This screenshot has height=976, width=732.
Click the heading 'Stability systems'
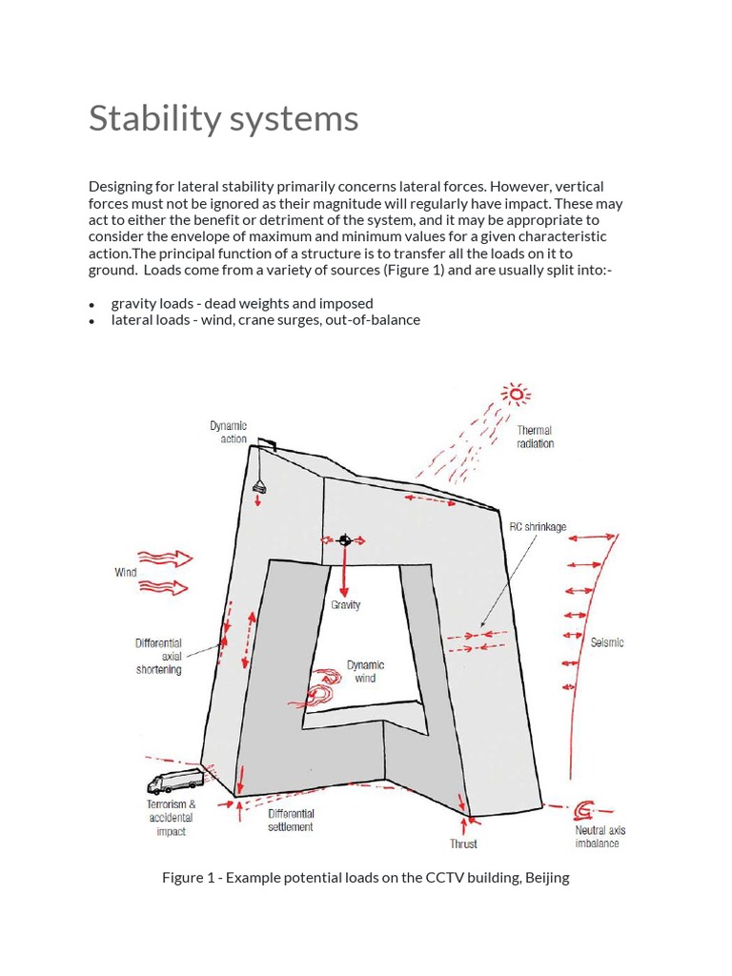pos(223,119)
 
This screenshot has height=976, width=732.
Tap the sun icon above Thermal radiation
pos(517,394)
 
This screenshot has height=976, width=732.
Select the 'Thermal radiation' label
pos(535,437)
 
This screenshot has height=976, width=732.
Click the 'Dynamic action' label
pos(228,433)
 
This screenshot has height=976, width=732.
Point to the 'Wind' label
pos(126,573)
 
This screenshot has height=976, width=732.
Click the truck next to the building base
pos(174,782)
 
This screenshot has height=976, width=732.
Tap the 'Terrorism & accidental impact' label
pos(172,818)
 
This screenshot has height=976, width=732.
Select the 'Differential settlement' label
pos(291,821)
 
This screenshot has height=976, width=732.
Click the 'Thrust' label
pos(463,844)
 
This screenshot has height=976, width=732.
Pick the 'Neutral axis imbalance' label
pos(598,837)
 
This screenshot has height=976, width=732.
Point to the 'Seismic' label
pos(607,642)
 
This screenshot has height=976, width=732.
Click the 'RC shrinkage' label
pos(538,527)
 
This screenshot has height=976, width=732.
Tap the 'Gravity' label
pos(345,605)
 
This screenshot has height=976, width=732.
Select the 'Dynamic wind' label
pos(365,672)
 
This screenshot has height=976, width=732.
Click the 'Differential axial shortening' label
pos(158,657)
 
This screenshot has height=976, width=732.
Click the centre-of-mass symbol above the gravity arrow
pos(345,540)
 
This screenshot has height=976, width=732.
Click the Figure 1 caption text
pos(365,878)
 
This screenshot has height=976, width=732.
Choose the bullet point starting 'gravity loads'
pos(242,303)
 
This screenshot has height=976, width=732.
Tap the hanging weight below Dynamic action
pos(258,486)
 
